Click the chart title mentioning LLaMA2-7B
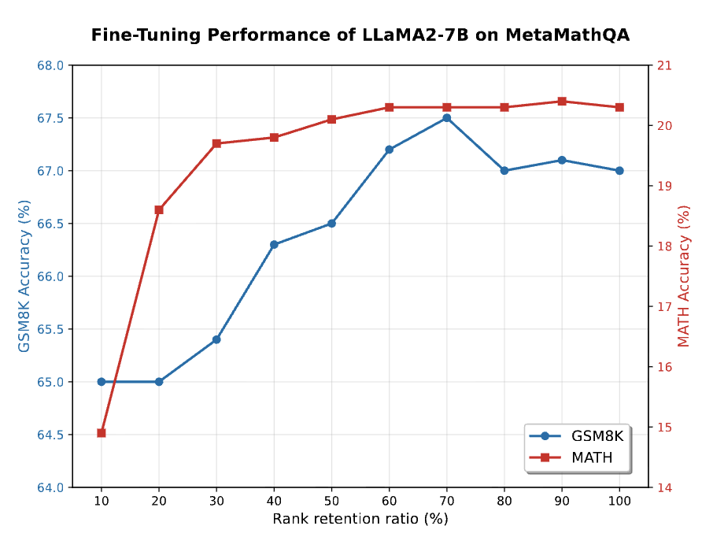[x=360, y=35]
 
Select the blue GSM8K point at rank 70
[x=447, y=118]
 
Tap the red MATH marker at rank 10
[x=102, y=433]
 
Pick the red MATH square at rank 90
[x=562, y=102]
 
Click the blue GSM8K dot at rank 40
[x=274, y=245]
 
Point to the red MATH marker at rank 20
[x=159, y=209]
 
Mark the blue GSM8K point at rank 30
[x=216, y=339]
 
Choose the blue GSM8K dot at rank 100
[x=619, y=171]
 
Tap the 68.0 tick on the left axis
[x=50, y=65]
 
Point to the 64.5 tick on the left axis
[x=50, y=435]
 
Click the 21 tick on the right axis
[x=663, y=65]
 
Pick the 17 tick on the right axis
[x=663, y=307]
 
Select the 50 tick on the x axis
[x=331, y=501]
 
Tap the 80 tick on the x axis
[x=504, y=501]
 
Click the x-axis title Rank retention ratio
[x=360, y=520]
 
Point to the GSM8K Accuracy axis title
[x=24, y=276]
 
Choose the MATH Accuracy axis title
[x=685, y=276]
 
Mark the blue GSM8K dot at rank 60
[x=390, y=150]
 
